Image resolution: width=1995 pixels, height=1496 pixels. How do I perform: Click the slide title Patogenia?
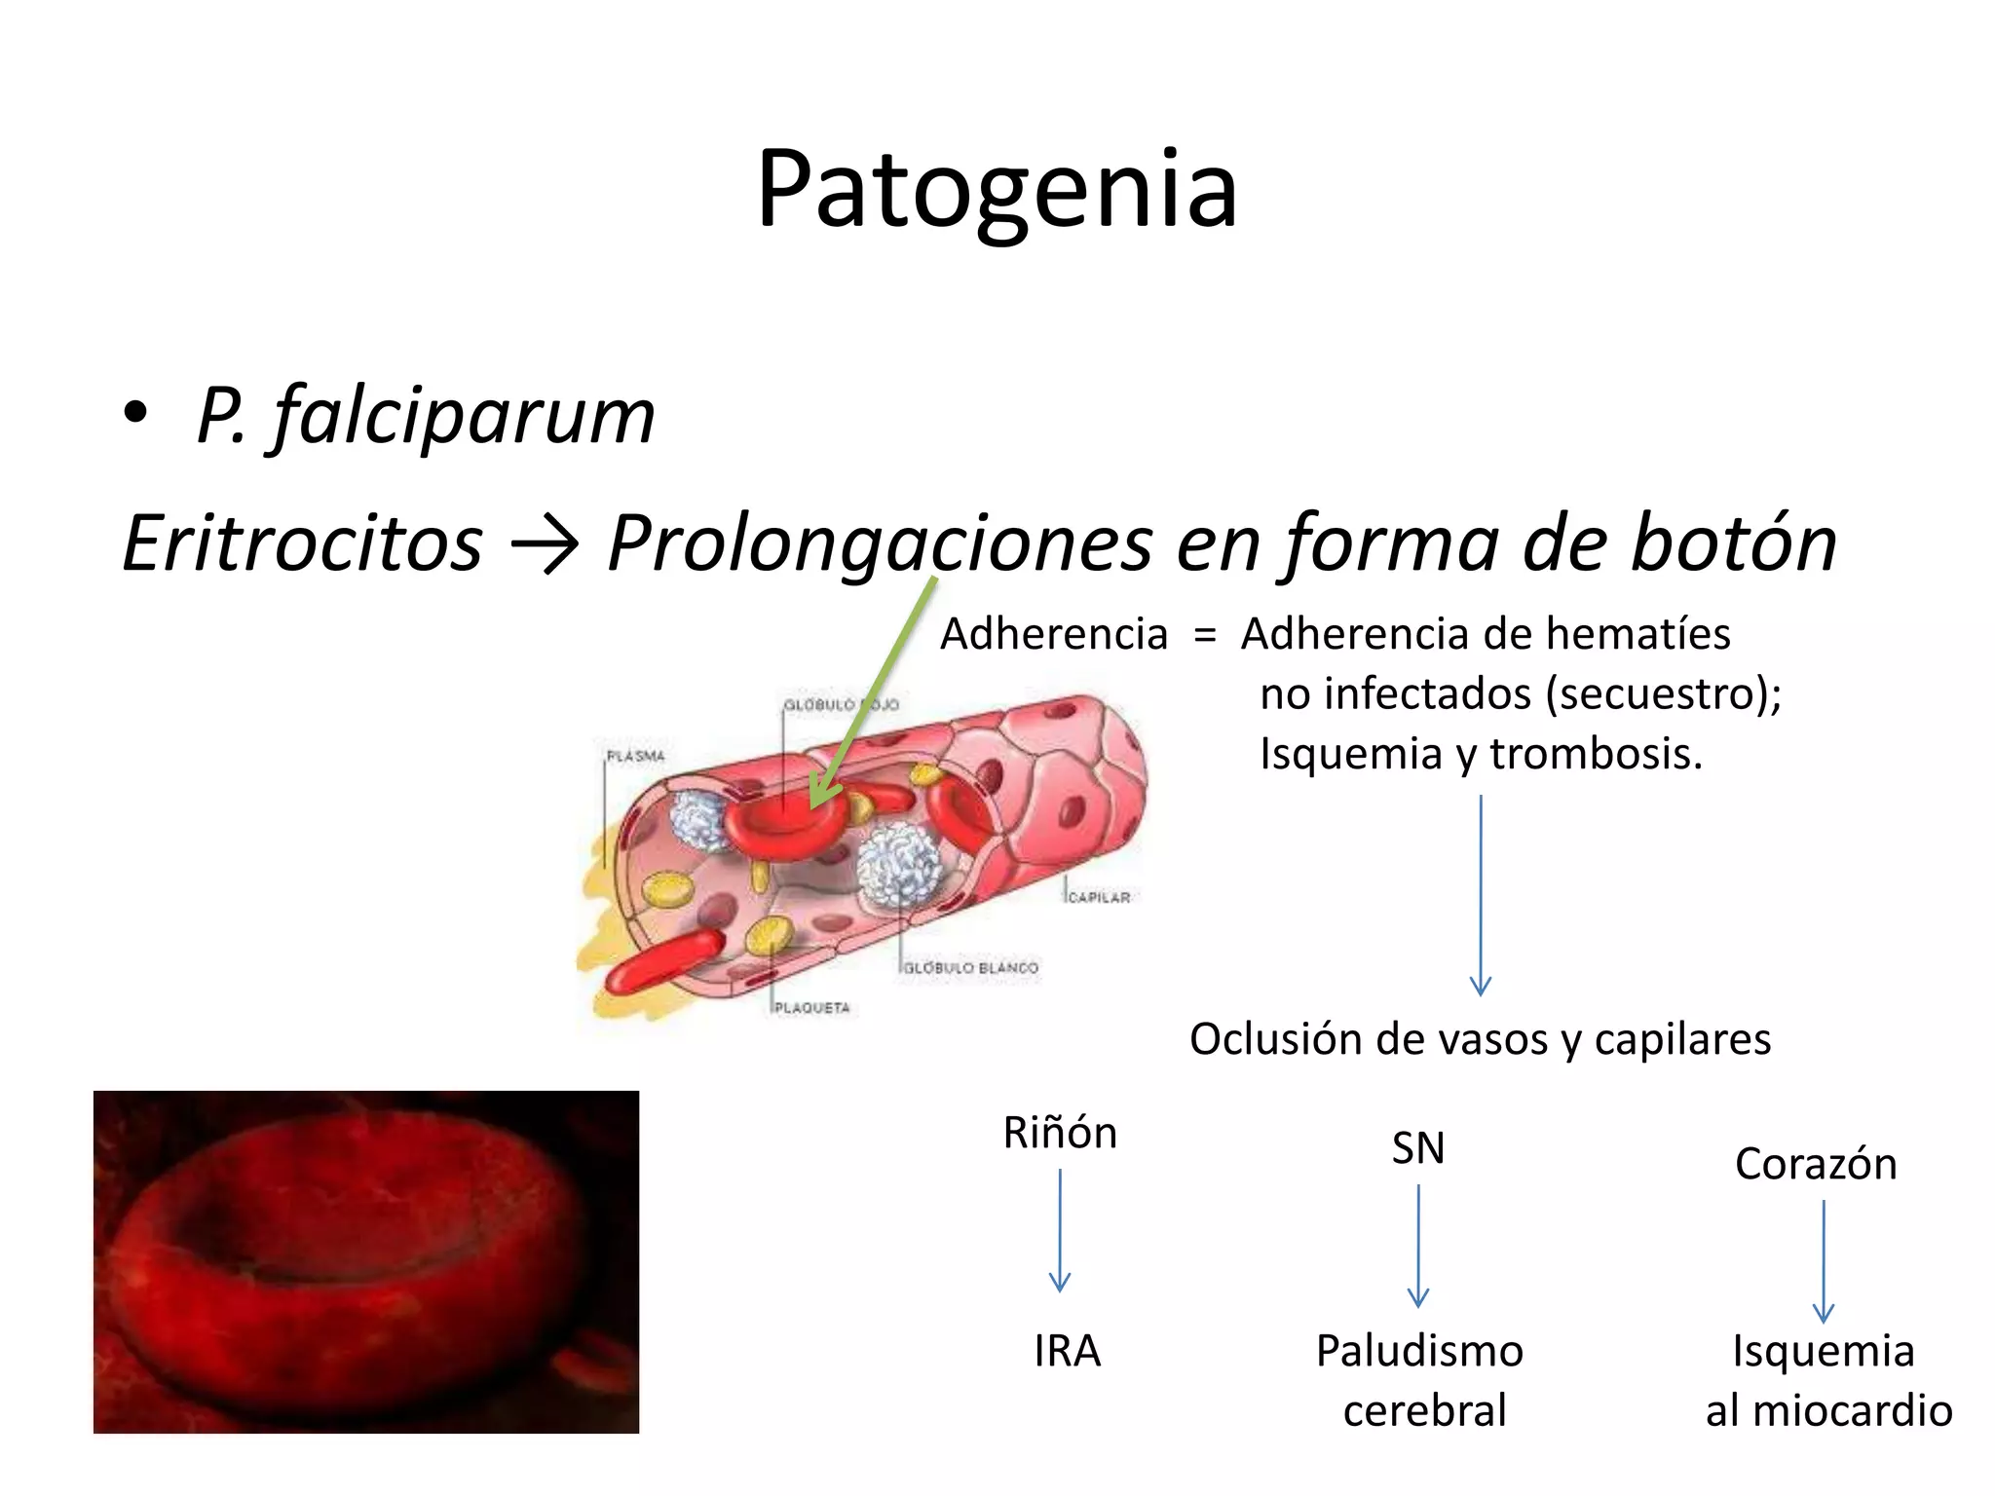[997, 189]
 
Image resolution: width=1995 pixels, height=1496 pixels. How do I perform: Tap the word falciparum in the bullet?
[464, 416]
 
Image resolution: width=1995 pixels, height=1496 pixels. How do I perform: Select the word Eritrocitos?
[302, 542]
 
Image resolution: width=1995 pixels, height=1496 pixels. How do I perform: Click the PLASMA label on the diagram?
[635, 756]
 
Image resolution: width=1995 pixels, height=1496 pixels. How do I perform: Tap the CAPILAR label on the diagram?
[1099, 897]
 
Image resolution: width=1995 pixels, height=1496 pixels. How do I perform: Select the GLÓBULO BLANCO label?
[971, 967]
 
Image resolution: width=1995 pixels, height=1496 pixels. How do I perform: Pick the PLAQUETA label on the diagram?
[812, 1007]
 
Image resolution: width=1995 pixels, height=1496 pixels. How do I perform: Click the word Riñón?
[1060, 1133]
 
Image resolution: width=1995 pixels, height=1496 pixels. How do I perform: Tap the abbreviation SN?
[1417, 1148]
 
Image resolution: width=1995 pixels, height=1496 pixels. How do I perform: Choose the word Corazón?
[1816, 1164]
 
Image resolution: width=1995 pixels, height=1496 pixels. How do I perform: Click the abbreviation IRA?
[1067, 1351]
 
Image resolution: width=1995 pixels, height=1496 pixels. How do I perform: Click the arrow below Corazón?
[1823, 1260]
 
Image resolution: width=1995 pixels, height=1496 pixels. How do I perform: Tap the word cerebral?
[1424, 1410]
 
